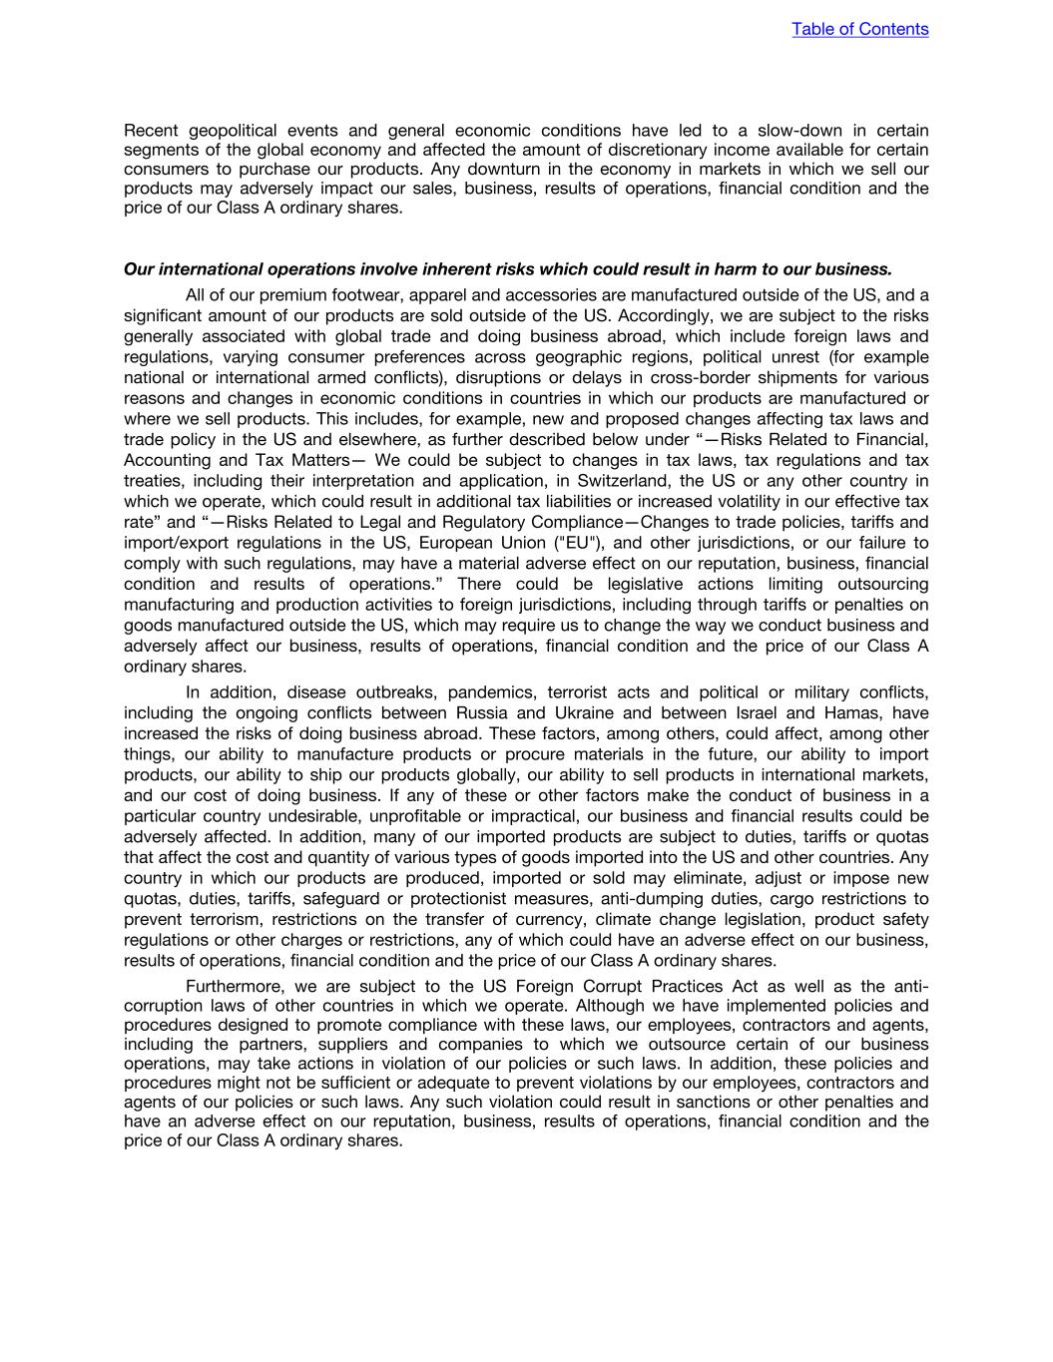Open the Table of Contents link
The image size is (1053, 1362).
point(859,29)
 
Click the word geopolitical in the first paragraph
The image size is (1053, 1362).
point(232,131)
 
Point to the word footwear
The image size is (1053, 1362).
point(368,295)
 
